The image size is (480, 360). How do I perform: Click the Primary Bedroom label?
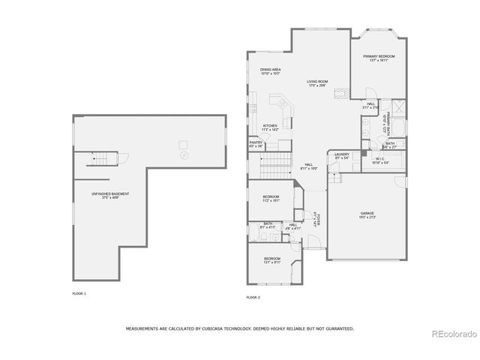pyautogui.click(x=379, y=58)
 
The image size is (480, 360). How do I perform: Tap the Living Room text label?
pyautogui.click(x=317, y=83)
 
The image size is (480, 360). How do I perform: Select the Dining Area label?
pyautogui.click(x=270, y=72)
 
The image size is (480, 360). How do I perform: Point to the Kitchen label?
pyautogui.click(x=270, y=127)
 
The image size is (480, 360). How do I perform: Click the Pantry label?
pyautogui.click(x=256, y=144)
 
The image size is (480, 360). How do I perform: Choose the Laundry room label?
pyautogui.click(x=342, y=155)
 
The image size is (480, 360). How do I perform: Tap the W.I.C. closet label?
pyautogui.click(x=381, y=160)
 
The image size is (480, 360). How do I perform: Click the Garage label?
pyautogui.click(x=367, y=214)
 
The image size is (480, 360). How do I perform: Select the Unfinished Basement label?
pyautogui.click(x=105, y=196)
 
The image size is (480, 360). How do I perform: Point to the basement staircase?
pyautogui.click(x=104, y=158)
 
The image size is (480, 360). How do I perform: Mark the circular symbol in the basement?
pyautogui.click(x=184, y=154)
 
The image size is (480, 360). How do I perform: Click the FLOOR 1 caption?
pyautogui.click(x=79, y=293)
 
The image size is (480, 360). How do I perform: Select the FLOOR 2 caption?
pyautogui.click(x=253, y=298)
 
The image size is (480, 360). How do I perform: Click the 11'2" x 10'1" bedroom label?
pyautogui.click(x=270, y=199)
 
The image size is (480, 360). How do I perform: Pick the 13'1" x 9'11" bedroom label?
pyautogui.click(x=271, y=260)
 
